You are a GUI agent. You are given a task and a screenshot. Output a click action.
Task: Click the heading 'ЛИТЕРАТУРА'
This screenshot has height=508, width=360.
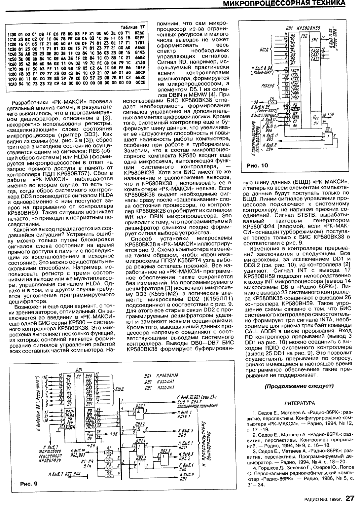coord(299,403)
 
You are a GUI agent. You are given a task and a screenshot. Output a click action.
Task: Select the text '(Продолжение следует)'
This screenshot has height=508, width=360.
coord(299,385)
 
